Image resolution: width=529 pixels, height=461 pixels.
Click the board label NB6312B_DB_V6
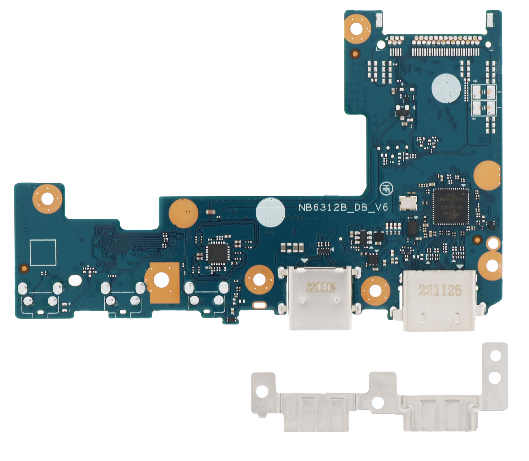(x=343, y=207)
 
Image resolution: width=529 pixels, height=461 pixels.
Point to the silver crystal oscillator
(x=408, y=203)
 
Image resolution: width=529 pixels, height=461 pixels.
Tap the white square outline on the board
(x=43, y=252)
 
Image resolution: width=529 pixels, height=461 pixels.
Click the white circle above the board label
(x=270, y=212)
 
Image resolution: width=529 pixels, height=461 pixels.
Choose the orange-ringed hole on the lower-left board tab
(x=47, y=199)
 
